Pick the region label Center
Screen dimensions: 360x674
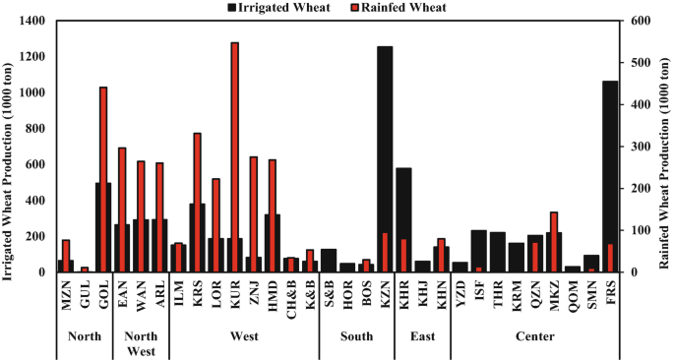[x=535, y=335]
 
